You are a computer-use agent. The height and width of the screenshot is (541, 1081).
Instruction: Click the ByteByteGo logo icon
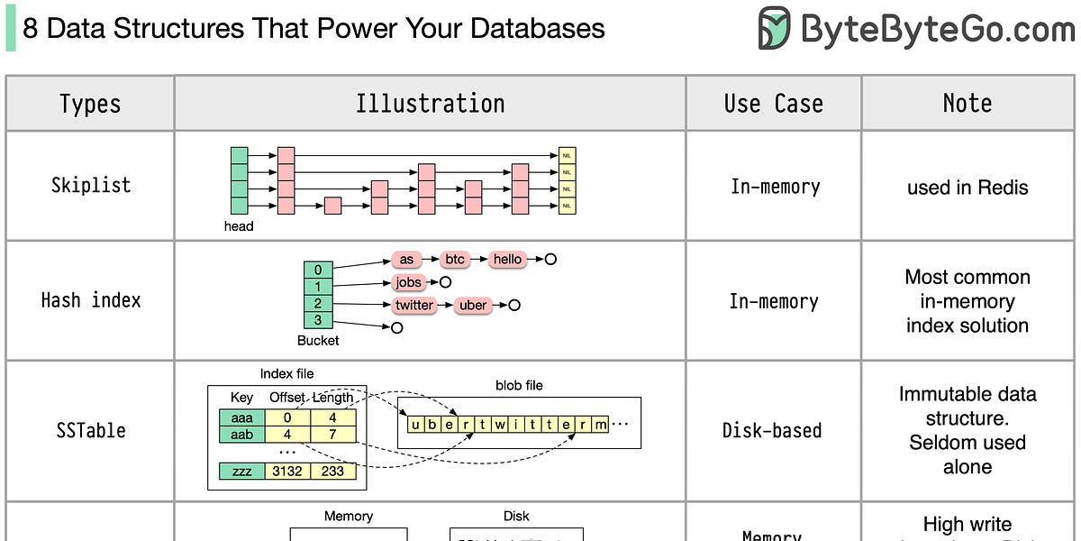[774, 29]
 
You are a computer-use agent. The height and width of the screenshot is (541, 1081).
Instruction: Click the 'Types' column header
[90, 104]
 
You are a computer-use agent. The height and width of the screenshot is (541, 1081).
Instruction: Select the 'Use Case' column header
[774, 104]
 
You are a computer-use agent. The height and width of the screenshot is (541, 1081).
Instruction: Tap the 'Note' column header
[967, 104]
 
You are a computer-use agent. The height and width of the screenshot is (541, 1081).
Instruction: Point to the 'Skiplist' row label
[91, 185]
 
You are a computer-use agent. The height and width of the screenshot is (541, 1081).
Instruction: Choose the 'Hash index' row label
[91, 300]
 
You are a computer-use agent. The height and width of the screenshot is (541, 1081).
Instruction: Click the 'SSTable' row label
[91, 430]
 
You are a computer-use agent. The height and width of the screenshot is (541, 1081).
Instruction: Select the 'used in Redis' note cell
[967, 188]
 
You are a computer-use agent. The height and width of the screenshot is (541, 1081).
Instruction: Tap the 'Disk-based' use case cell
[772, 430]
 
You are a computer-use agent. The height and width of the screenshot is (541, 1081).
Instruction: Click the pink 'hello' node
[507, 260]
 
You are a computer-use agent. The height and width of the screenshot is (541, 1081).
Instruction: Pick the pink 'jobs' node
[409, 282]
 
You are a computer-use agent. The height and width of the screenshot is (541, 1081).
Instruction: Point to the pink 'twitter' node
[414, 305]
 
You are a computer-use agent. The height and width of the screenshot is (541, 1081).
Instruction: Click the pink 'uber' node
[473, 305]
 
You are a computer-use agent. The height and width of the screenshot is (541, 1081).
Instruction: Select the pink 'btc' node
[455, 260]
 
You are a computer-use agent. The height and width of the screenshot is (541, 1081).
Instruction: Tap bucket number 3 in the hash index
[318, 320]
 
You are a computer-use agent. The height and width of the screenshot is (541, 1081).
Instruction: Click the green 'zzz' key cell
[241, 471]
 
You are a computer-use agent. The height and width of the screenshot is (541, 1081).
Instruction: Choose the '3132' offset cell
[287, 471]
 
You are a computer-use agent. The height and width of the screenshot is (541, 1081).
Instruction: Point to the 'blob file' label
[519, 385]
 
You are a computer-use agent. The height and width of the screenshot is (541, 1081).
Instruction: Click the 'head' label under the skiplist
[239, 226]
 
